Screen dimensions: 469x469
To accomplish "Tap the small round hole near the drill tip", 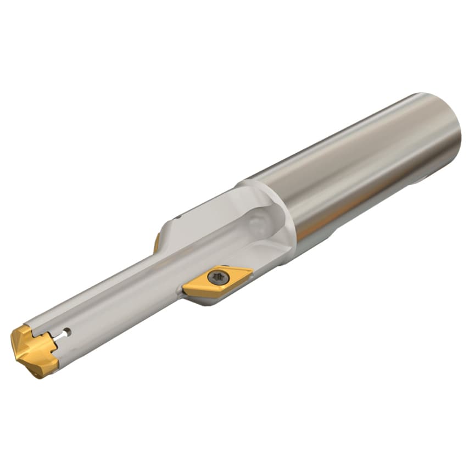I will (x=66, y=332).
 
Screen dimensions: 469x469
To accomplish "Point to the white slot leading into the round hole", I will (x=57, y=336).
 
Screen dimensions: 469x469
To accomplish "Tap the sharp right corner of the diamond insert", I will (x=252, y=270).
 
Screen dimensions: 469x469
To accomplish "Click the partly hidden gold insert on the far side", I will (x=157, y=242).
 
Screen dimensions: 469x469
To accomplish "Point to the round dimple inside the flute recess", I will (x=254, y=222).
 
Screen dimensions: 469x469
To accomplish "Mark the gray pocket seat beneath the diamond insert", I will (x=203, y=299).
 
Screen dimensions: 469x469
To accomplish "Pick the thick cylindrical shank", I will (x=357, y=165).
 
